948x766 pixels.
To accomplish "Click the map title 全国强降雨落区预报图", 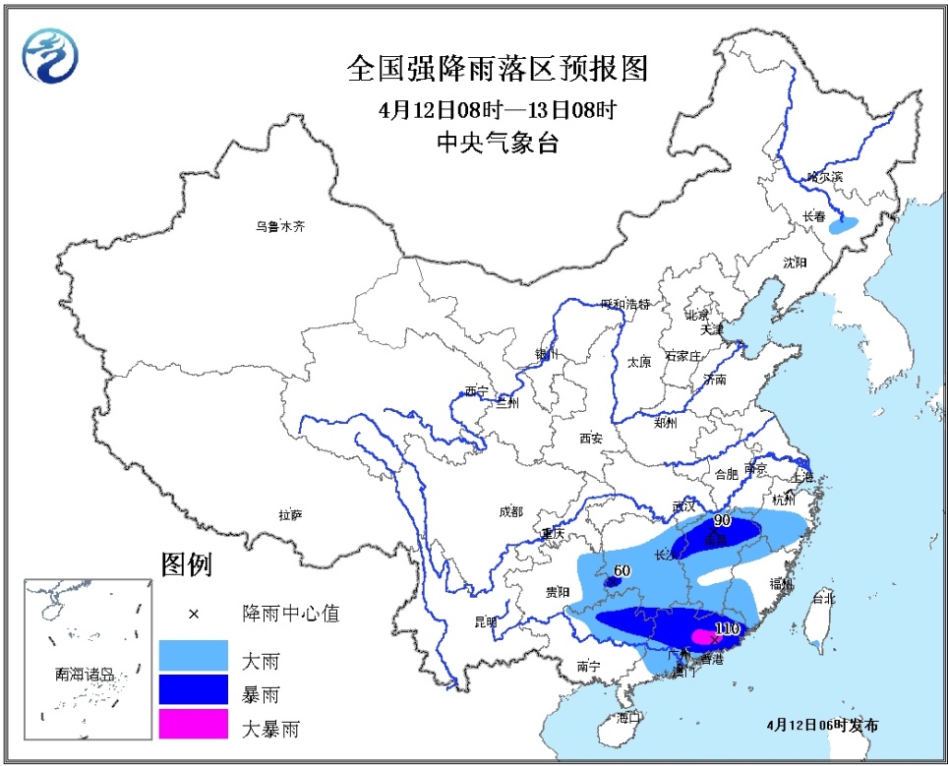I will click(x=498, y=69).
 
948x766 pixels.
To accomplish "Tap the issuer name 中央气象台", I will click(x=498, y=144).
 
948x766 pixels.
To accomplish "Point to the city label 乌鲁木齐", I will click(x=281, y=226).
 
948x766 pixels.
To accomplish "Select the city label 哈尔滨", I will click(x=825, y=176).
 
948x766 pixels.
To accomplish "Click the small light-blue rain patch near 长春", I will click(x=844, y=225).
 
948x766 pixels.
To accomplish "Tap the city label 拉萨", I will click(x=290, y=514).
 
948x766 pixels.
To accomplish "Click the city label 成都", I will click(x=511, y=511).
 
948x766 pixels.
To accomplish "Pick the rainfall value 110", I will click(x=727, y=627).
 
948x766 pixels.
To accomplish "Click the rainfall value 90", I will click(x=722, y=520).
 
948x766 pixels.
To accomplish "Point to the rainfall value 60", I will click(x=621, y=569).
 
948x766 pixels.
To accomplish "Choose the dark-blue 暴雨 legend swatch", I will click(x=193, y=692).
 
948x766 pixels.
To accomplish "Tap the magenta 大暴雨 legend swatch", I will click(x=193, y=726).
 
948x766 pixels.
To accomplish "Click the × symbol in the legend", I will click(x=193, y=615).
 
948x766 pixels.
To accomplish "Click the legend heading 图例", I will click(x=186, y=565).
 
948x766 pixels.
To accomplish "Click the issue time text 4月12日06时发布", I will click(x=822, y=725).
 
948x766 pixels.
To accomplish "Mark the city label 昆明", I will click(x=486, y=621).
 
